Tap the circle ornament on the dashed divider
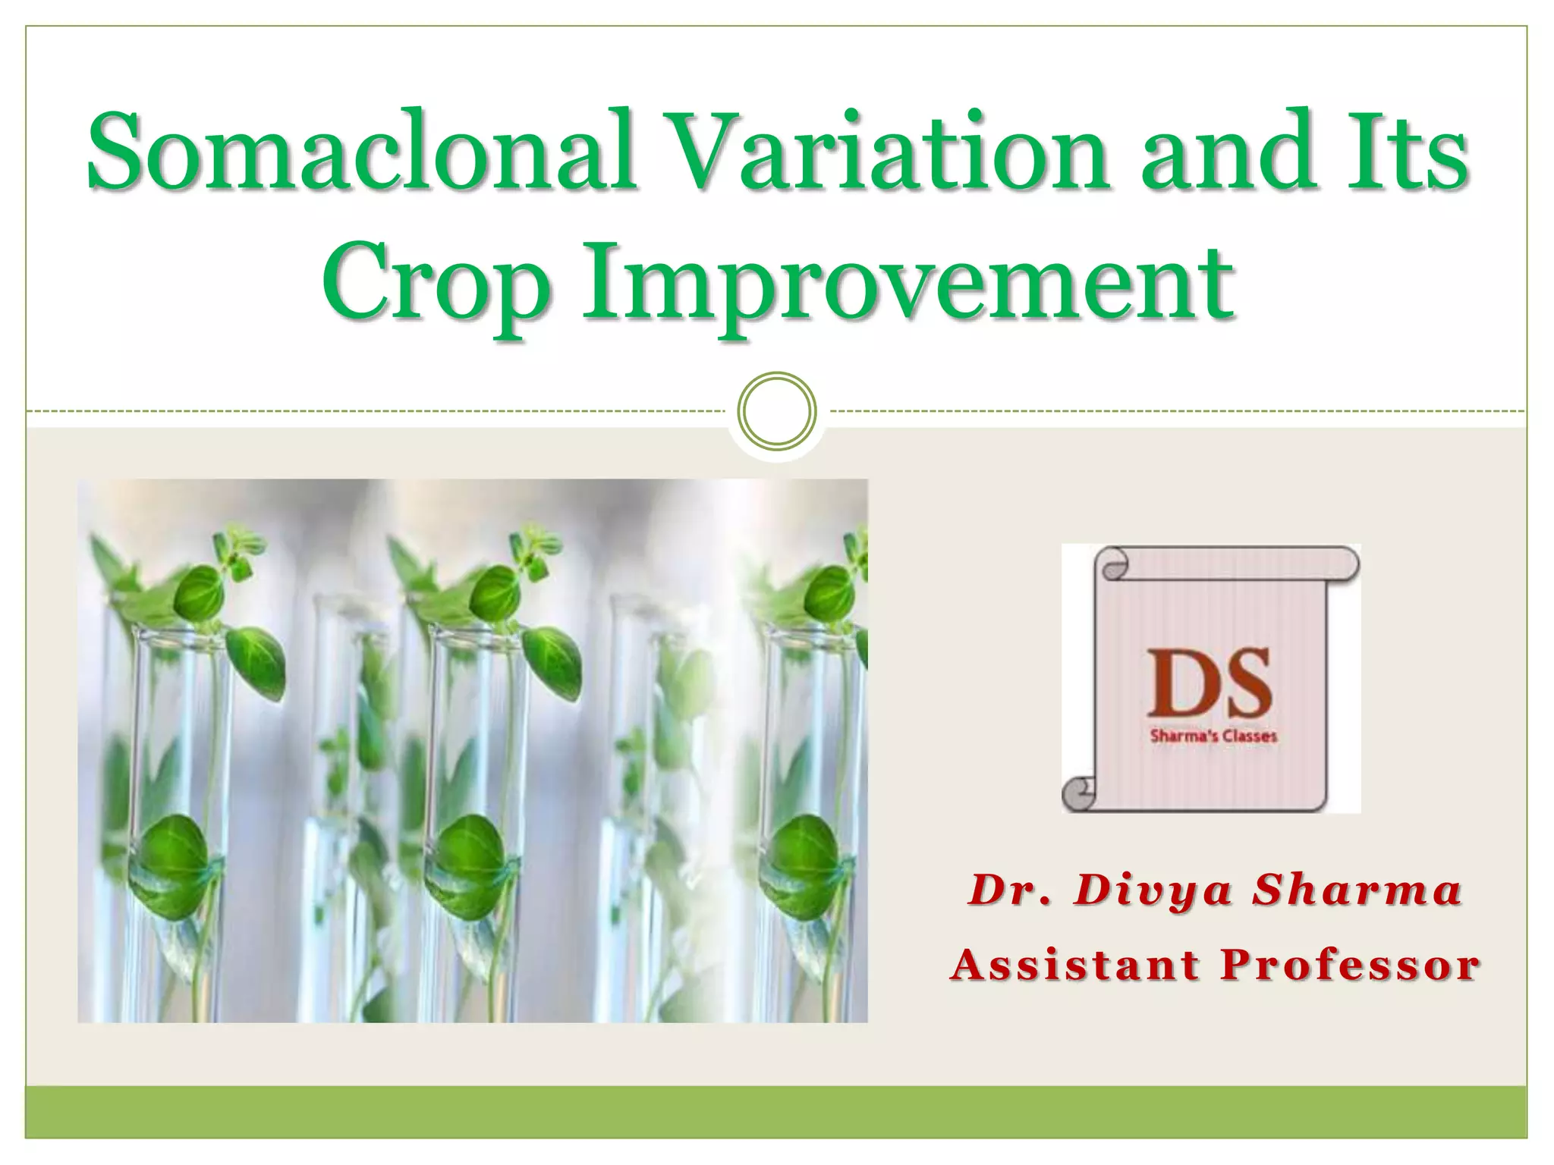pos(777,411)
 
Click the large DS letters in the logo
pos(1210,683)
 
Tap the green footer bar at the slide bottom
pos(777,1112)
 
